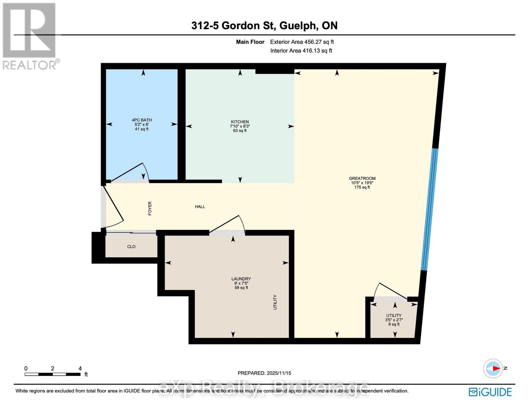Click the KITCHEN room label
tap(240, 122)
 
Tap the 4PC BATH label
tap(142, 120)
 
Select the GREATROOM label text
tap(362, 179)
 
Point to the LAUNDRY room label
tap(241, 279)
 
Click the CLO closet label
tap(131, 247)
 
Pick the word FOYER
tap(150, 208)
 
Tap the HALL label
tap(200, 207)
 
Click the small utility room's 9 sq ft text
tap(394, 324)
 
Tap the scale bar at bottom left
tap(52, 374)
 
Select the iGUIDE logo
tap(490, 392)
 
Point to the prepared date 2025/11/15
tap(264, 373)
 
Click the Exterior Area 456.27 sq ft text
tap(302, 42)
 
